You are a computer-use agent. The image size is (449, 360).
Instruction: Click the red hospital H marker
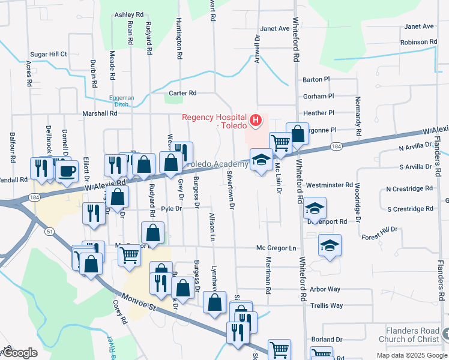(x=256, y=121)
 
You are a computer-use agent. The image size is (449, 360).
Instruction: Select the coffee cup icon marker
(x=66, y=170)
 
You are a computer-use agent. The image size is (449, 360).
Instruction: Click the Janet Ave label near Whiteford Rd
(x=275, y=28)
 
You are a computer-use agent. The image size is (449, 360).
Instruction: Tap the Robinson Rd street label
(x=419, y=42)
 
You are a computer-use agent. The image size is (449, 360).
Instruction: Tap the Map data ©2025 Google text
(x=412, y=355)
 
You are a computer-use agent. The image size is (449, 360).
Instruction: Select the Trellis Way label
(x=327, y=305)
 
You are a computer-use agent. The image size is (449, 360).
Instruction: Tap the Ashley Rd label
(x=129, y=14)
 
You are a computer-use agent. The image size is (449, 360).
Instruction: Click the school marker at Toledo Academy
(x=261, y=160)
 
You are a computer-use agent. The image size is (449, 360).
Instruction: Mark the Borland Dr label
(x=327, y=340)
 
